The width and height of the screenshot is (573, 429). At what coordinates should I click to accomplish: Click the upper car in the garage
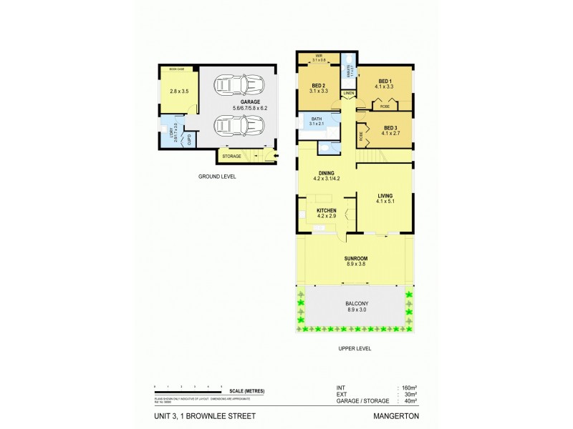[x=236, y=87]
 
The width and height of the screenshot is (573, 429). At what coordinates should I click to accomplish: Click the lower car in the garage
[x=236, y=127]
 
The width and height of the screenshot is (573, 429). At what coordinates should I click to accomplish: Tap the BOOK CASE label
[x=176, y=69]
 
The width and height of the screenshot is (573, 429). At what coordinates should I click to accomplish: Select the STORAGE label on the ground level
[x=231, y=156]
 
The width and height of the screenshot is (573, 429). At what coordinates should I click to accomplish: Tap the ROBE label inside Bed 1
[x=385, y=106]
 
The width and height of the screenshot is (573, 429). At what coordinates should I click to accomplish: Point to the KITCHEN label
[x=327, y=209]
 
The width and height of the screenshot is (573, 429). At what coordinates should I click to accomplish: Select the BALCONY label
[x=355, y=304]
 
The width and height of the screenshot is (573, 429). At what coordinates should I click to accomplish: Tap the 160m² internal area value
[x=408, y=388]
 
